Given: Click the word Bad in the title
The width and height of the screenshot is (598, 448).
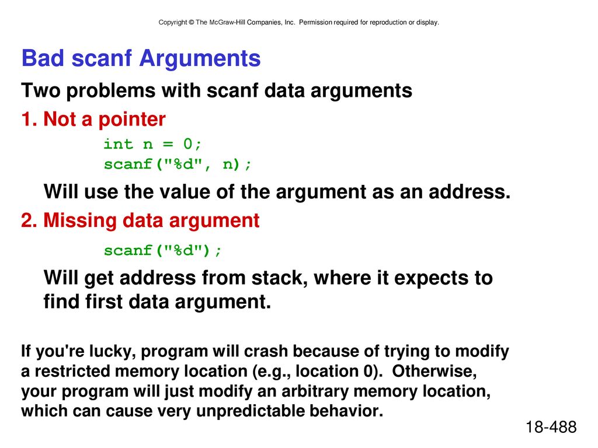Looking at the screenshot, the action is pos(43,58).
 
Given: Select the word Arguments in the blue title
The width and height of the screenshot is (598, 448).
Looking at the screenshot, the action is pos(200,59).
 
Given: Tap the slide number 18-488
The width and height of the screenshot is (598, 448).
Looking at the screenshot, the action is pos(551,427).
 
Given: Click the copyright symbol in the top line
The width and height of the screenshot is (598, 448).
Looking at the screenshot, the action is pos(191,23).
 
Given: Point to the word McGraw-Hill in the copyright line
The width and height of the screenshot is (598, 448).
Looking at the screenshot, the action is pos(227,23).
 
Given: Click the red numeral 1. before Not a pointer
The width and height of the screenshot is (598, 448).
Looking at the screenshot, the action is pos(29,119).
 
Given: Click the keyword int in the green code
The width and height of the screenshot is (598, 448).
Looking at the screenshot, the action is pos(118,144).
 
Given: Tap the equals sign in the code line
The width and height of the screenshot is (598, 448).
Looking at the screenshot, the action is pos(168,145).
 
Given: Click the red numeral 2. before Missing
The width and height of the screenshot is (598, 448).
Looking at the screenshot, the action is pos(29,220).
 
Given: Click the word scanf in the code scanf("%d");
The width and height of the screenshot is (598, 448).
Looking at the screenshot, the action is pos(128,250).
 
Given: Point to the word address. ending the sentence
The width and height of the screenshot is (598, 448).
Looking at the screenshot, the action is pos(470,191).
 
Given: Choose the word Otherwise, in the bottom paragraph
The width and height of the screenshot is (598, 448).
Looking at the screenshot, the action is pos(434,372).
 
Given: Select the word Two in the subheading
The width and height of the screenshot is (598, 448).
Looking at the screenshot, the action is pos(40,90).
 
